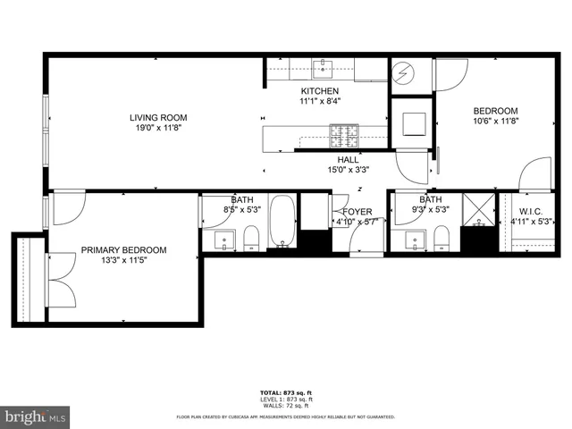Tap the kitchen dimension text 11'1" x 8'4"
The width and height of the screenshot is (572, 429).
click(319, 102)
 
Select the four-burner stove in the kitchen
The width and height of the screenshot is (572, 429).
click(344, 136)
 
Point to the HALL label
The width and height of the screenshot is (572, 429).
click(348, 159)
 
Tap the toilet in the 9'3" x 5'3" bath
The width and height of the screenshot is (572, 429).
click(441, 238)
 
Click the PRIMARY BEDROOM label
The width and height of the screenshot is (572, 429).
click(123, 251)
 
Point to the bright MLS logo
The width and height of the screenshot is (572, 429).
click(35, 416)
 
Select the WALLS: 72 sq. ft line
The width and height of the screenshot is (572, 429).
click(285, 404)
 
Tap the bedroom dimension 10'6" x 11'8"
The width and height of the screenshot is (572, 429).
click(495, 122)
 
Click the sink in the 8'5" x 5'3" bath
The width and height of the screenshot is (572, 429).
click(223, 240)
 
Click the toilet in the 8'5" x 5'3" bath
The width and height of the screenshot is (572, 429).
click(250, 238)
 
